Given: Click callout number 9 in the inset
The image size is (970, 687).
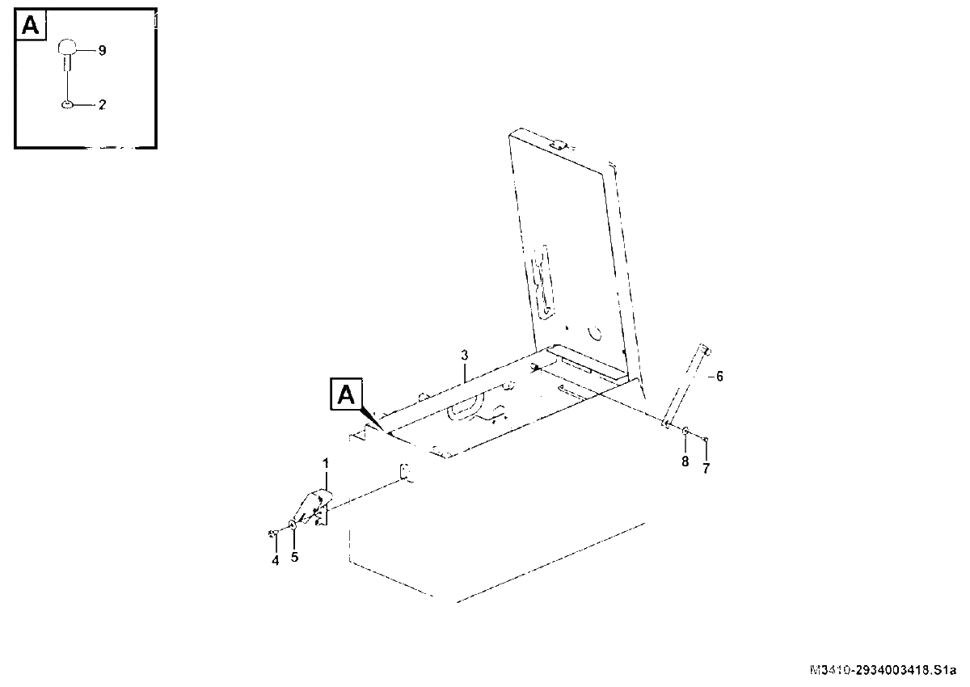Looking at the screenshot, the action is pos(102,51).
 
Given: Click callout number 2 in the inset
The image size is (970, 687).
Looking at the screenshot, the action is pos(102,105).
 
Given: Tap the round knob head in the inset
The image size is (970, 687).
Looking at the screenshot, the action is pos(67,46).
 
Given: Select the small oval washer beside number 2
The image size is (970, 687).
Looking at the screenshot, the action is pos(67,104).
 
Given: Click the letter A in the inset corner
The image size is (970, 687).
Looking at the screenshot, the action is pos(31,25).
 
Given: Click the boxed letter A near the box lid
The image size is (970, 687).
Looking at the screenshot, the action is pos(346,394).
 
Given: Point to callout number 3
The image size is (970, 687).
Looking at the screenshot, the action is pos(465,356).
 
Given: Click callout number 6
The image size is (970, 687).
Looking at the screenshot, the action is pos(719,377).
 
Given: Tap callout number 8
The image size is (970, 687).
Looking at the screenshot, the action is pos(685,462).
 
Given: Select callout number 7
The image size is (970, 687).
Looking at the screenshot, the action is pos(706,469).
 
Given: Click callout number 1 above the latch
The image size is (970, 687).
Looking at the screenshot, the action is pos(326,464).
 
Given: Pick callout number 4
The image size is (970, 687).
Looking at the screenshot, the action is pos(276,561).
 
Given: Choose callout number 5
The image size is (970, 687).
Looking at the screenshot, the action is pos(294,557).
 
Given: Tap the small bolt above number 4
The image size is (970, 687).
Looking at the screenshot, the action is pos(273,533).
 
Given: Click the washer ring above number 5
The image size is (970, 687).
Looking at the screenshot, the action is pos(293,525).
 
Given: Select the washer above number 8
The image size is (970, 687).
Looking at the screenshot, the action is pos(685,431).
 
